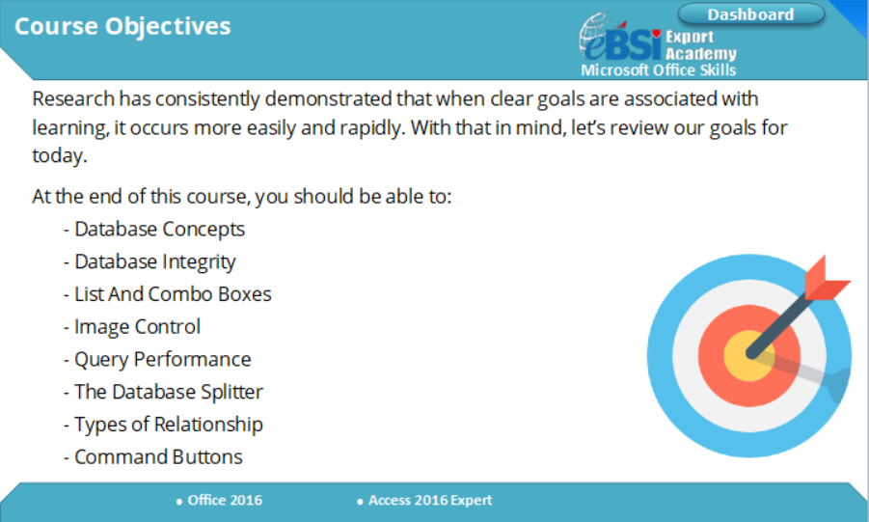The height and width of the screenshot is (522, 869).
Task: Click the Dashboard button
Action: click(750, 14)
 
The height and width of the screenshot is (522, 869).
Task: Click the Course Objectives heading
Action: click(122, 26)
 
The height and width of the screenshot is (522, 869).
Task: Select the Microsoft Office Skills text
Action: click(659, 69)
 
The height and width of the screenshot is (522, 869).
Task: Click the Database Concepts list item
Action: click(159, 230)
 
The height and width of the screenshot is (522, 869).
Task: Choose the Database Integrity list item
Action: click(154, 261)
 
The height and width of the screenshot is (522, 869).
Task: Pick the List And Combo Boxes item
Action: click(173, 294)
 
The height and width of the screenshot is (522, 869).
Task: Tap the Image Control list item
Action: click(137, 327)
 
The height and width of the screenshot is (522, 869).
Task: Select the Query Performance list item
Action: click(162, 359)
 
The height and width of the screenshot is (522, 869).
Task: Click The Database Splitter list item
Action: click(168, 392)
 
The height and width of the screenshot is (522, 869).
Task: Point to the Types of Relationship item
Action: click(168, 425)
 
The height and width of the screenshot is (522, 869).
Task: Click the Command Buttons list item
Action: click(158, 456)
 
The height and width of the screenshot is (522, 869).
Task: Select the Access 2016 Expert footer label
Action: click(430, 500)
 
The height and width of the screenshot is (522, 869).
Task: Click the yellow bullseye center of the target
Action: click(742, 354)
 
